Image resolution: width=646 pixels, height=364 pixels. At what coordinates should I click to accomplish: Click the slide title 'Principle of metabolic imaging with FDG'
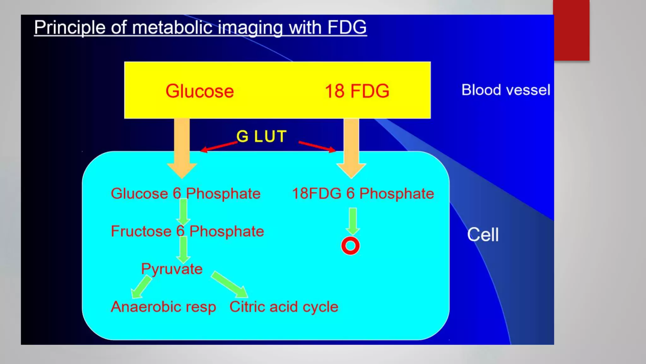(x=200, y=27)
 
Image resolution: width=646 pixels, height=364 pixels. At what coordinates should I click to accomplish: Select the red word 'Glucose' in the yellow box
(x=200, y=91)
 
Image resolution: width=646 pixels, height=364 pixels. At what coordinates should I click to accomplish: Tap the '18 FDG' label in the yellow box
(x=357, y=91)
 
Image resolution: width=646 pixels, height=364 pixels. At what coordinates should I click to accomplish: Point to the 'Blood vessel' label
(x=506, y=90)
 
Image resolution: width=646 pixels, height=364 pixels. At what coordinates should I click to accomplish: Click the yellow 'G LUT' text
(x=261, y=136)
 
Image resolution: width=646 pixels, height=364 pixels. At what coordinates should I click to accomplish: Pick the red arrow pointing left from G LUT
(x=219, y=147)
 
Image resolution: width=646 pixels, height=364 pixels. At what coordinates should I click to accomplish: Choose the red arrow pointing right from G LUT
(x=317, y=147)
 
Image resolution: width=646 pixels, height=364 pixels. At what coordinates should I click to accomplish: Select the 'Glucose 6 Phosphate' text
(x=185, y=194)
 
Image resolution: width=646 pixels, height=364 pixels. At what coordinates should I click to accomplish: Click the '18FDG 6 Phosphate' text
(x=363, y=194)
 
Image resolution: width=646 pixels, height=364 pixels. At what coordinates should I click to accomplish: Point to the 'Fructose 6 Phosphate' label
(x=187, y=231)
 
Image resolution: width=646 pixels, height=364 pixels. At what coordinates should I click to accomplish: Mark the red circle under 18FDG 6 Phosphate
(x=350, y=246)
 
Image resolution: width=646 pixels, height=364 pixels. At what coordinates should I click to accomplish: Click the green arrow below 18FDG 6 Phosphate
(x=353, y=221)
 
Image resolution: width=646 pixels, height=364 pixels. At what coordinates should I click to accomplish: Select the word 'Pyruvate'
(x=172, y=269)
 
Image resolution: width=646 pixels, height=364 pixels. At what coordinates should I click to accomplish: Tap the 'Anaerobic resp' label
(x=163, y=307)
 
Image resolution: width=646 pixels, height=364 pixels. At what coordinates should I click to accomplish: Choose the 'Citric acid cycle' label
(x=284, y=307)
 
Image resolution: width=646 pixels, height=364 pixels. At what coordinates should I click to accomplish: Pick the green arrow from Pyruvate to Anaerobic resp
(x=141, y=286)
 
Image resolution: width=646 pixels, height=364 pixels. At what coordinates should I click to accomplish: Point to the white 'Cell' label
(x=483, y=235)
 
